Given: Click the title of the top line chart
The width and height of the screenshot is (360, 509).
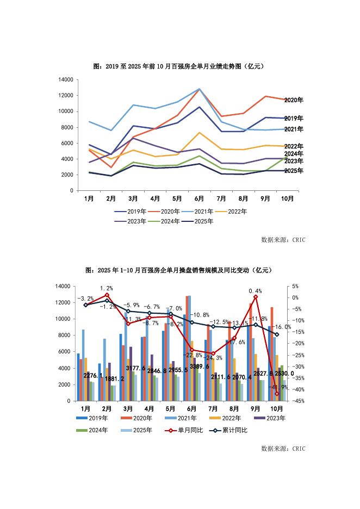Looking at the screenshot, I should (179, 66).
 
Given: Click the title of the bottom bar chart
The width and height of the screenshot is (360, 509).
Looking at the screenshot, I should (179, 270).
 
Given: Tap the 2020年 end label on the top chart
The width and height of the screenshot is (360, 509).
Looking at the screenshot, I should (294, 100).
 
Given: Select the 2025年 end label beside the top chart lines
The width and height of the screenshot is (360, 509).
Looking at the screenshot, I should (294, 171).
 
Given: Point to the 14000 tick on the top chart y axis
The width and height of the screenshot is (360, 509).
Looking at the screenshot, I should (66, 79).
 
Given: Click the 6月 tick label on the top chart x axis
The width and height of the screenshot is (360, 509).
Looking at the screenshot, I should (200, 199).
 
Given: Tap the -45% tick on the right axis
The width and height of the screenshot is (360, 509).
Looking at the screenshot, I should (292, 401).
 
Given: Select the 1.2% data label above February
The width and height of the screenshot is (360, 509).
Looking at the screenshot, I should (107, 288).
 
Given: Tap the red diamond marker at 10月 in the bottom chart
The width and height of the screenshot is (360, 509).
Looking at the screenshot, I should (277, 394).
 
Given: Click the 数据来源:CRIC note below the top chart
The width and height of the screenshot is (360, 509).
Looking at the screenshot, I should (283, 239).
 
